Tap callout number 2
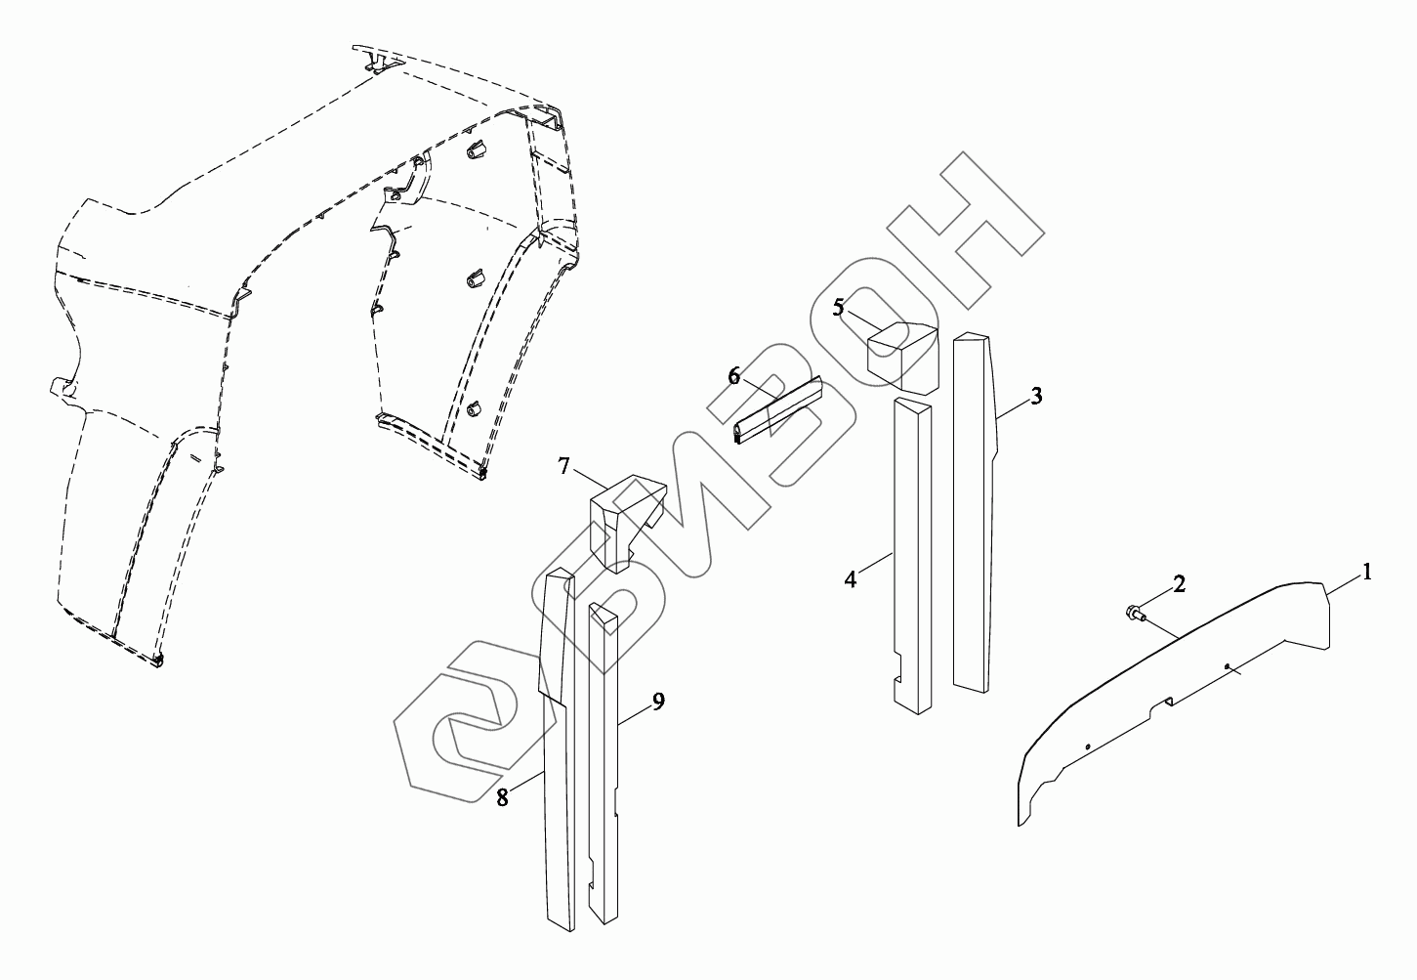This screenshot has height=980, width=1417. (1180, 584)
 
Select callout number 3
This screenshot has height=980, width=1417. (1036, 396)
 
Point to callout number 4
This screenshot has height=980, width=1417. (851, 579)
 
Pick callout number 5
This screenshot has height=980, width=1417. (838, 307)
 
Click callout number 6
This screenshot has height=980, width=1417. (734, 376)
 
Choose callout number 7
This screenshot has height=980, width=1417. (564, 466)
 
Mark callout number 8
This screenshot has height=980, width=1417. (502, 797)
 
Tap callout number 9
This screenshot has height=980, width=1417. (658, 702)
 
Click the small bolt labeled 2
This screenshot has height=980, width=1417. (1134, 614)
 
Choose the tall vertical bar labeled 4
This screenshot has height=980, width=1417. (912, 547)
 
